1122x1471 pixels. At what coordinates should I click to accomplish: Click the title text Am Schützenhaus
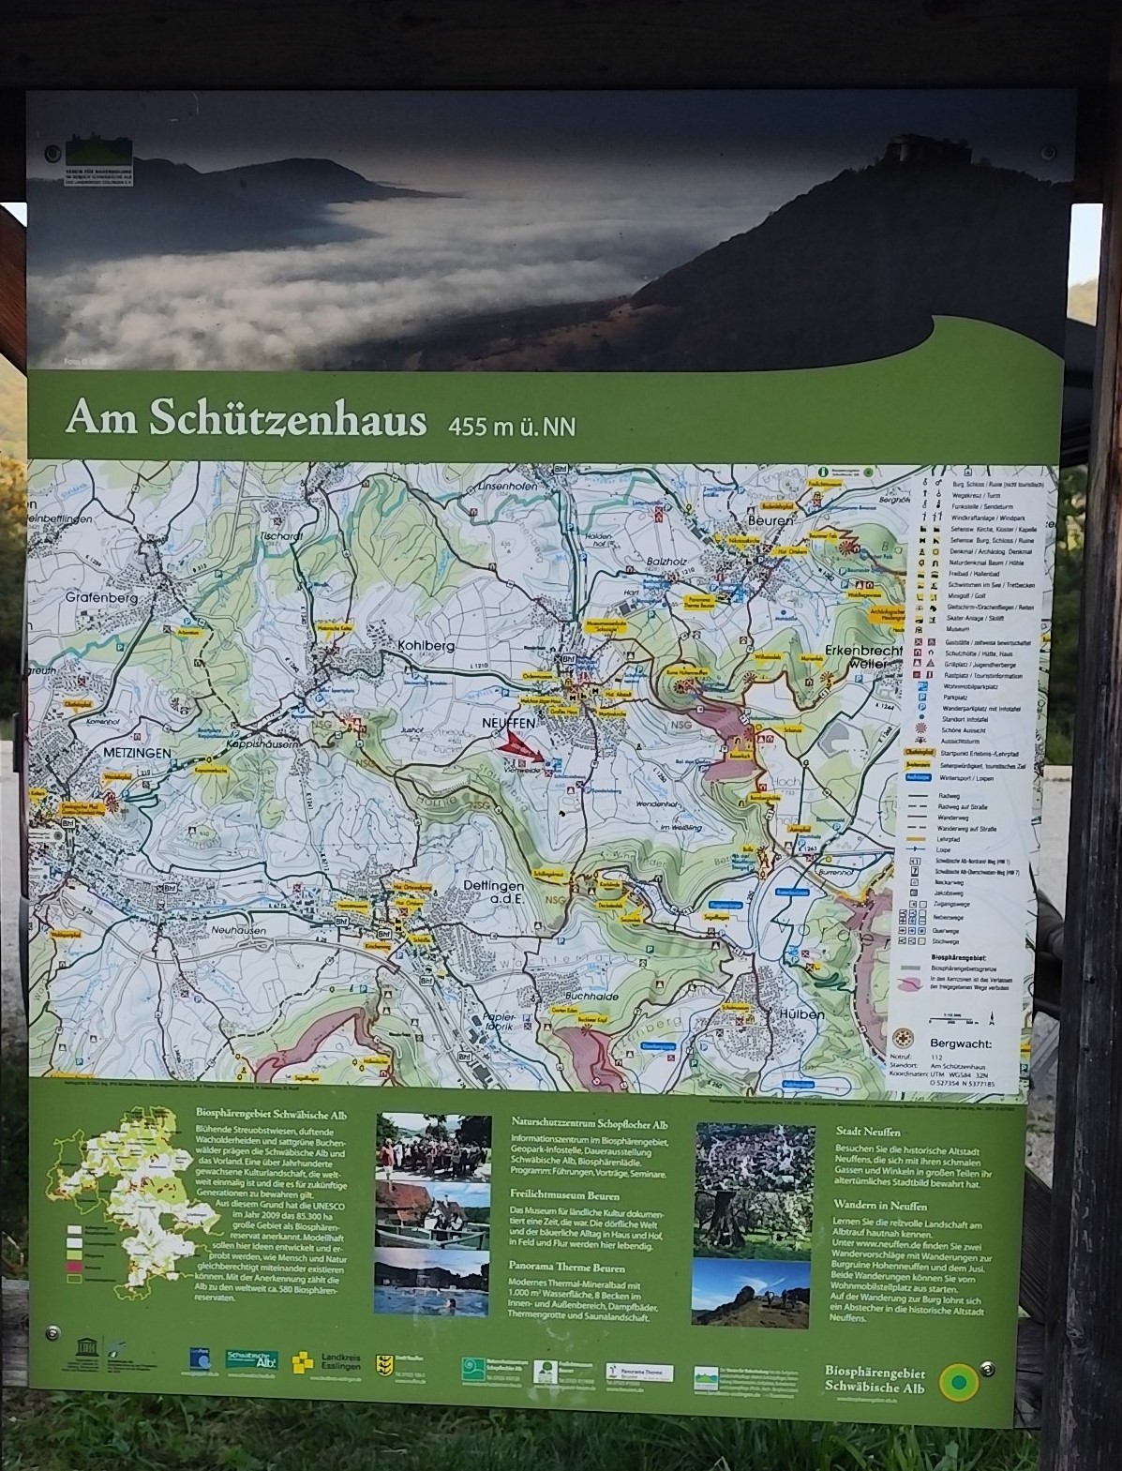click(246, 421)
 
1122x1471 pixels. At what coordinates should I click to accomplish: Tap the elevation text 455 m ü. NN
click(512, 427)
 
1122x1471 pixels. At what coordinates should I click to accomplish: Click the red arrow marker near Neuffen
click(521, 747)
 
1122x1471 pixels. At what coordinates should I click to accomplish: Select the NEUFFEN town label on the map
click(508, 724)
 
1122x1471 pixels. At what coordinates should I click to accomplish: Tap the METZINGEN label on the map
click(140, 753)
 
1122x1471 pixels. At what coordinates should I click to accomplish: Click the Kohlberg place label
click(426, 646)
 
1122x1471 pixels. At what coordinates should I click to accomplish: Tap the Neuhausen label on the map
click(238, 930)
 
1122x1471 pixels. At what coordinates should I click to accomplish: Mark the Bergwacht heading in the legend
click(961, 1043)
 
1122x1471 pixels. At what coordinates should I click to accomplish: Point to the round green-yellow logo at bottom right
click(959, 1380)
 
